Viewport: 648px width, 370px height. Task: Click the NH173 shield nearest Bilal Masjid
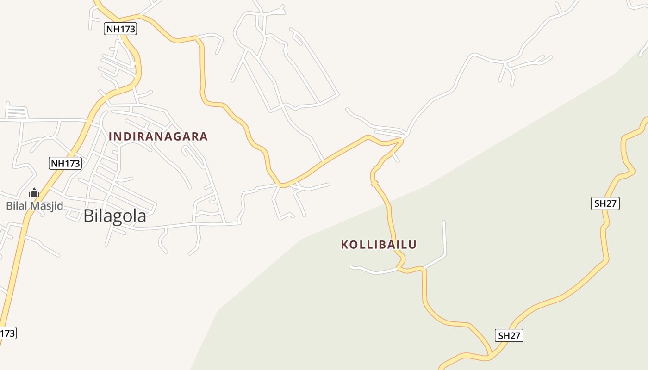(x=65, y=163)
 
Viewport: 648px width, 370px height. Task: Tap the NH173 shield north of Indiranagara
(x=120, y=29)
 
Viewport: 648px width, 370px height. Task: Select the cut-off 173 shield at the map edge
(x=7, y=333)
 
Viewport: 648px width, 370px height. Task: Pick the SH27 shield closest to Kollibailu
(x=509, y=335)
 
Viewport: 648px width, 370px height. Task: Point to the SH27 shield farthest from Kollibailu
(x=605, y=203)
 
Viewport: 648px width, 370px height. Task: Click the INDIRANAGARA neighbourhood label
(x=158, y=136)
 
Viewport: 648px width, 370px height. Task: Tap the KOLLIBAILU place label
(x=379, y=245)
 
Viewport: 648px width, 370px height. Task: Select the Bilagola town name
(x=115, y=216)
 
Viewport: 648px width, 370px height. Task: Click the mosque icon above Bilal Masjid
(x=34, y=192)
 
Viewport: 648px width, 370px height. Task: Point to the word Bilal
(x=17, y=206)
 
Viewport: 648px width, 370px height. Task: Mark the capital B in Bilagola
(x=88, y=216)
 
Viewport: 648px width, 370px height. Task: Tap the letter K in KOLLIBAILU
(x=344, y=245)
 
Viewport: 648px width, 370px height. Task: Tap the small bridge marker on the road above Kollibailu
(x=374, y=184)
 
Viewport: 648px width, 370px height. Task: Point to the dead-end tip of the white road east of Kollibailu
(x=443, y=222)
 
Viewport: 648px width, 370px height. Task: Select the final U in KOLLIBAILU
(x=413, y=245)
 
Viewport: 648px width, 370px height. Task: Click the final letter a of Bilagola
(x=141, y=217)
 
